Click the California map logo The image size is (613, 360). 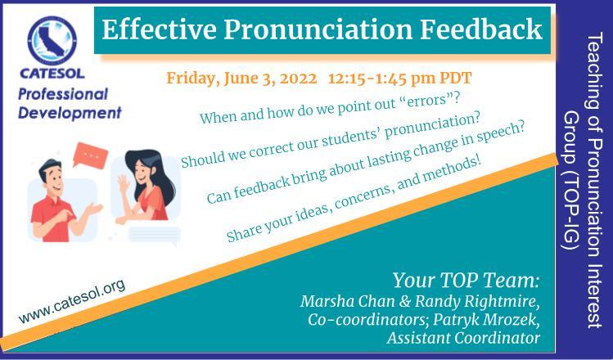point(52,40)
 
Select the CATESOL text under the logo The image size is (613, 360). point(52,74)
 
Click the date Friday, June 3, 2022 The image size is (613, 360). point(241,79)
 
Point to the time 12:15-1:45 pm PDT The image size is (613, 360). point(400,78)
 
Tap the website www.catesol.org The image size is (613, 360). point(72,301)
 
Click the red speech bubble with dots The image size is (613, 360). point(91,155)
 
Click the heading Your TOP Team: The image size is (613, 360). point(466,281)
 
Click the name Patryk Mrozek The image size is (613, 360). point(486,319)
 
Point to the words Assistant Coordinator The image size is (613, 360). point(463,338)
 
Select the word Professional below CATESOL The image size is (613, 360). point(63,95)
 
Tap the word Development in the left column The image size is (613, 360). point(70,114)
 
